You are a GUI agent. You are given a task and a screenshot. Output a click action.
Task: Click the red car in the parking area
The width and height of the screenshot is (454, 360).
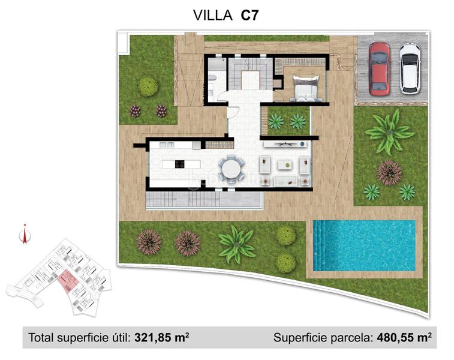point(378,68)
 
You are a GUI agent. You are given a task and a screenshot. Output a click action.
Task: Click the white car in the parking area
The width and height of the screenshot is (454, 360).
point(410,68)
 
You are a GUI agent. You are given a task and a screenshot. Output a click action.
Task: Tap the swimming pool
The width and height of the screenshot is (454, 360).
point(365,245)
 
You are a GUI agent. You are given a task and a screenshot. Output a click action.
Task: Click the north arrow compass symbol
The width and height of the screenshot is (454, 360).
point(24,235)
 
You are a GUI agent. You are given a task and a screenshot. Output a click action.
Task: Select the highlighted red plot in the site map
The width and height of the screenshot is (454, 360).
point(67,278)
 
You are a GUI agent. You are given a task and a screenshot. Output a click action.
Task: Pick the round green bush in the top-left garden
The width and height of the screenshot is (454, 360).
point(148,86)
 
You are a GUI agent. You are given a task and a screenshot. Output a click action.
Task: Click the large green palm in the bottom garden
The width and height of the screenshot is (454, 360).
point(236,244)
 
